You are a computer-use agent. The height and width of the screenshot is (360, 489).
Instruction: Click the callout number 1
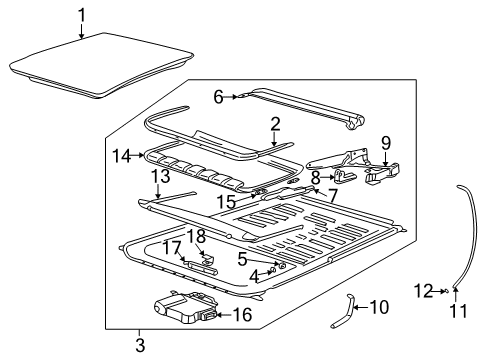pos(82,14)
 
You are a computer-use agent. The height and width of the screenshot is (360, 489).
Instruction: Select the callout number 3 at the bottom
pos(140,345)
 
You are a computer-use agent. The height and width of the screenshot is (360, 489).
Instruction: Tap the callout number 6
pos(219,96)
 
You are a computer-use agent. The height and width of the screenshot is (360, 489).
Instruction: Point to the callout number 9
pos(386,142)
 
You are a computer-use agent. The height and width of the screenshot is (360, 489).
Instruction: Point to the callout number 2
pos(274,125)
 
